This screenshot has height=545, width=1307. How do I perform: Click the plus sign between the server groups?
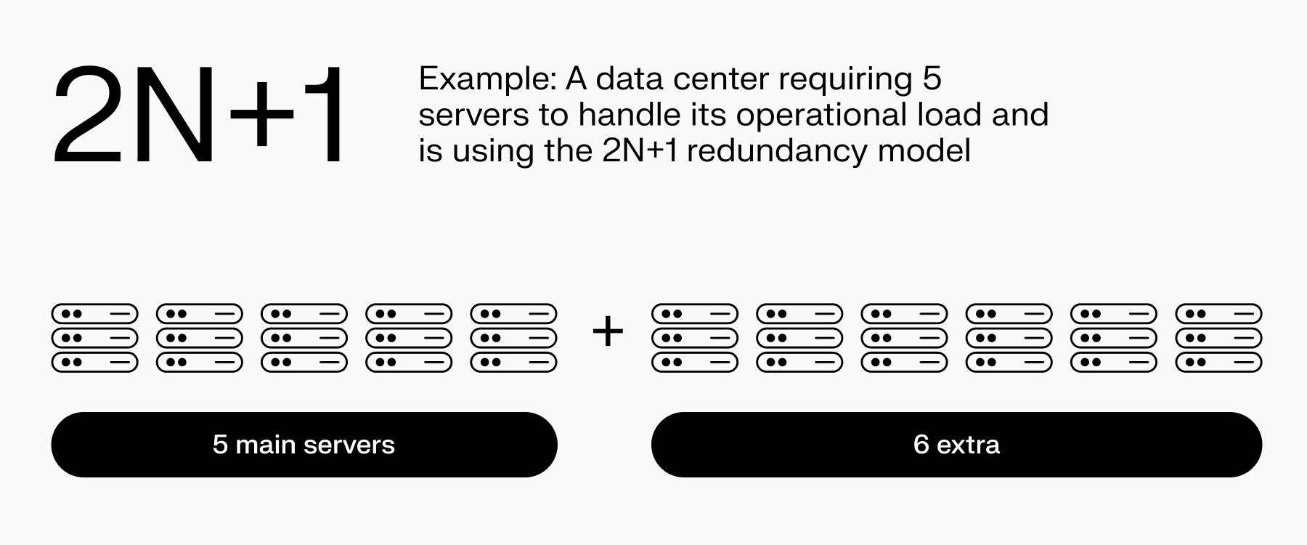click(608, 332)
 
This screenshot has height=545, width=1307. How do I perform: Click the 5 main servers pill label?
click(304, 445)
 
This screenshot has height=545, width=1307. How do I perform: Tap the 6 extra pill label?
click(956, 445)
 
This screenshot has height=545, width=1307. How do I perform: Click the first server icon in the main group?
click(94, 338)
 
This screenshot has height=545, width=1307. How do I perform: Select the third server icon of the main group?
click(304, 338)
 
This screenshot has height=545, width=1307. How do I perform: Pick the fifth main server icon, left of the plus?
click(513, 338)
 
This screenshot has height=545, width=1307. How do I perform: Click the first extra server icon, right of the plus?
click(695, 338)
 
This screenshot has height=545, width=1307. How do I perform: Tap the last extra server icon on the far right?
click(1218, 338)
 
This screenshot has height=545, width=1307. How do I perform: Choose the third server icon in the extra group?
click(904, 338)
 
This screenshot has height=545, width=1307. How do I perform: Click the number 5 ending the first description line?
click(932, 79)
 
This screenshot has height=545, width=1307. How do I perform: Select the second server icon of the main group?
click(199, 338)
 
